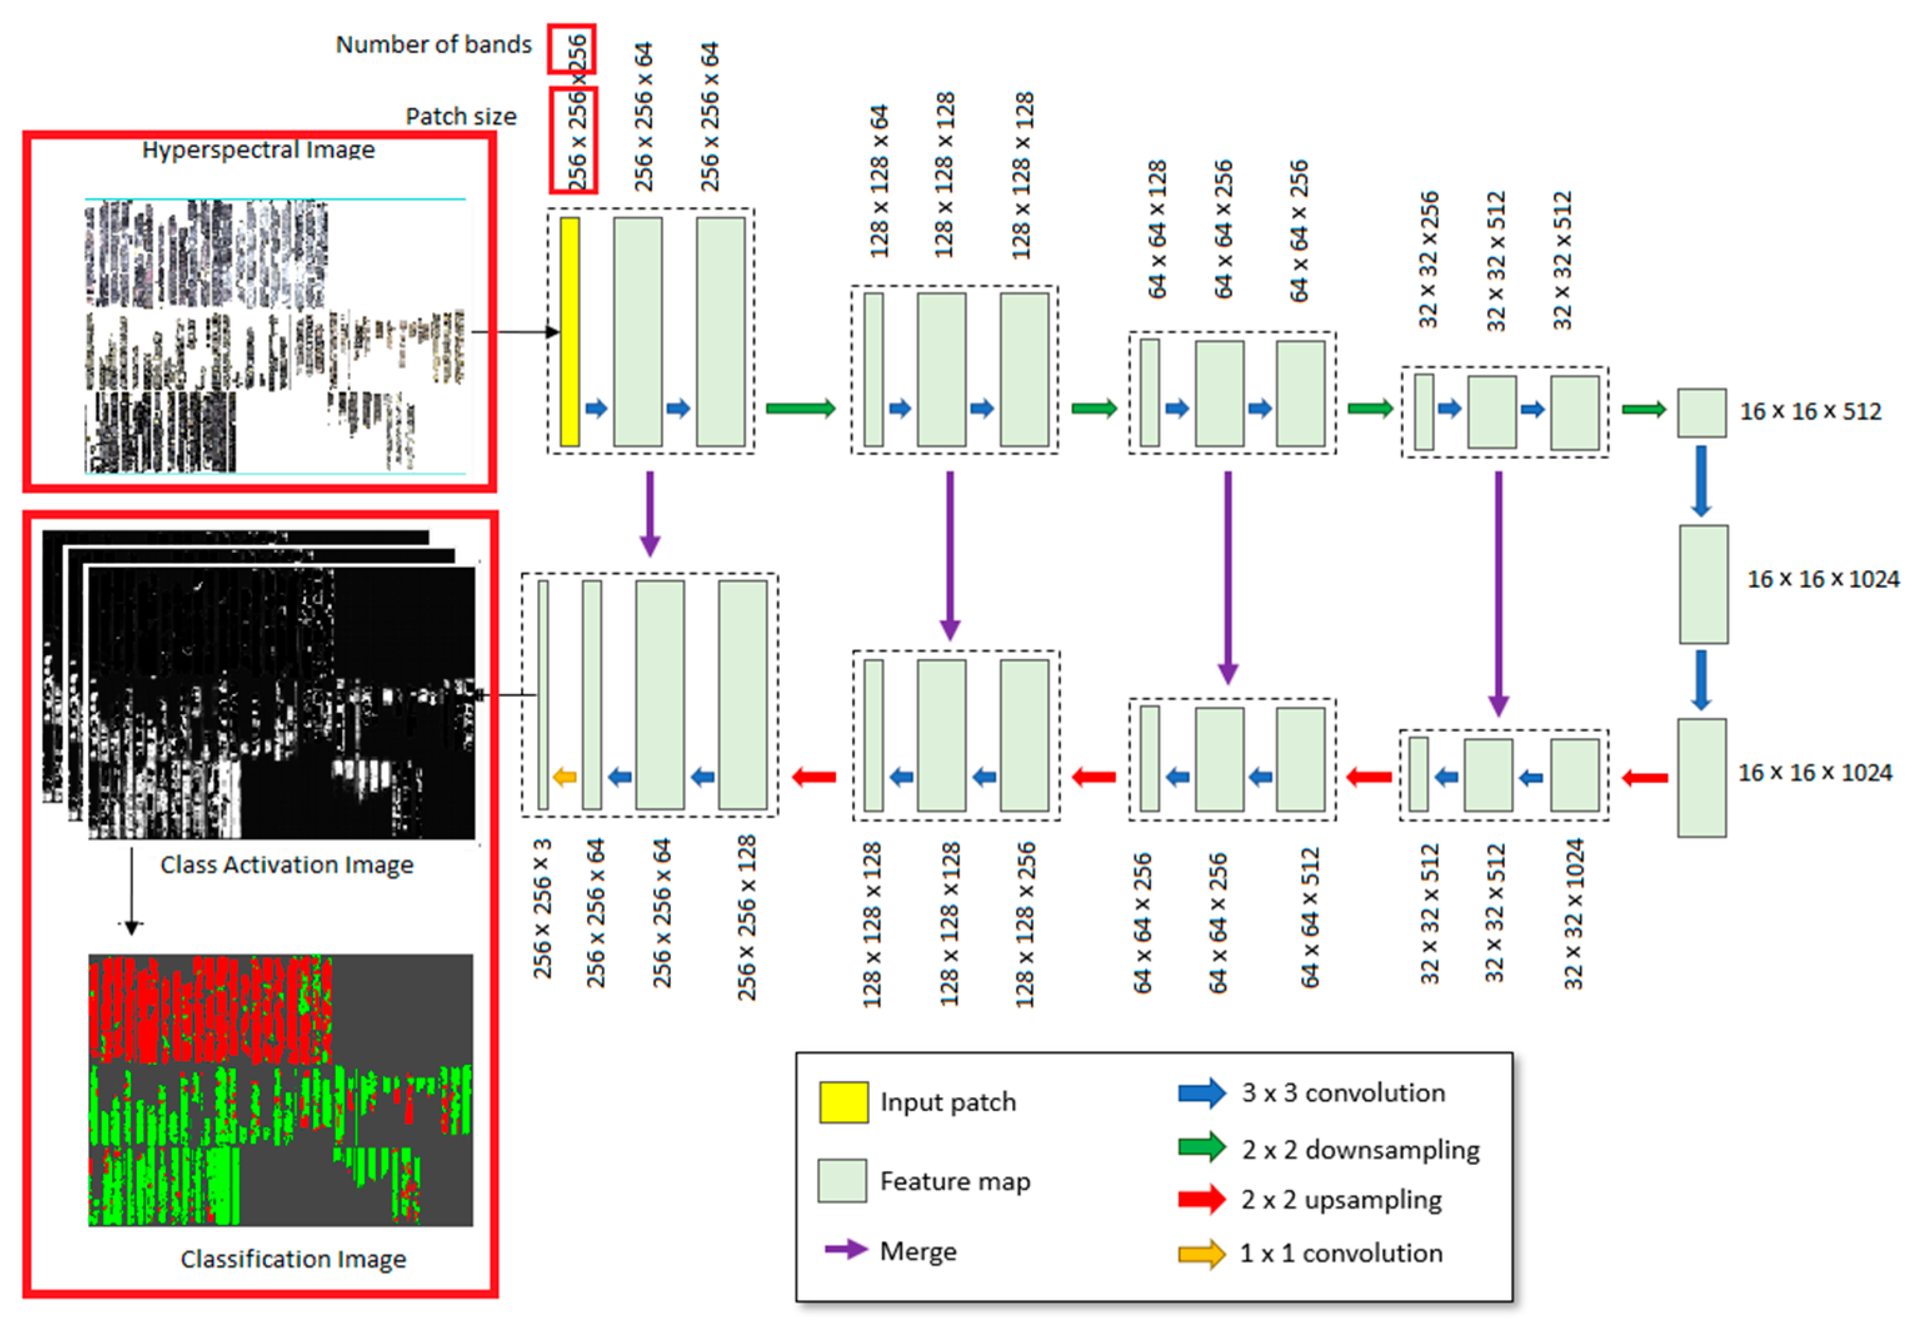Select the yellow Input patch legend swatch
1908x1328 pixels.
click(843, 1102)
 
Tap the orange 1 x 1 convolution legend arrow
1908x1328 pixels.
click(1202, 1253)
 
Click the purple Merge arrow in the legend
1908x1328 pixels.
click(846, 1249)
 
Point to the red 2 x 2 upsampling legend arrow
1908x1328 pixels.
click(1202, 1199)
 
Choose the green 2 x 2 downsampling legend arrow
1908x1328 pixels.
click(1202, 1148)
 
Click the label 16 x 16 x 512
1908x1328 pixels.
click(1810, 411)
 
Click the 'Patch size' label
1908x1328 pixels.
click(460, 116)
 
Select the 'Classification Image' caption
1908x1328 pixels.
click(293, 1259)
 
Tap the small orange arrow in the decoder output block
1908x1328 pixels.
click(565, 777)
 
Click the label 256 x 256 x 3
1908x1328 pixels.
click(542, 907)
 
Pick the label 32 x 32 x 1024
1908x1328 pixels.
click(1573, 913)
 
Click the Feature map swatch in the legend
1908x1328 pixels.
click(842, 1180)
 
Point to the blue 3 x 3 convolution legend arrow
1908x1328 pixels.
click(1202, 1093)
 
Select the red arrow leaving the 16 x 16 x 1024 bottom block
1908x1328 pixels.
click(1645, 778)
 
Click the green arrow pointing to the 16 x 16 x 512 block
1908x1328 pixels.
click(1644, 409)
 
